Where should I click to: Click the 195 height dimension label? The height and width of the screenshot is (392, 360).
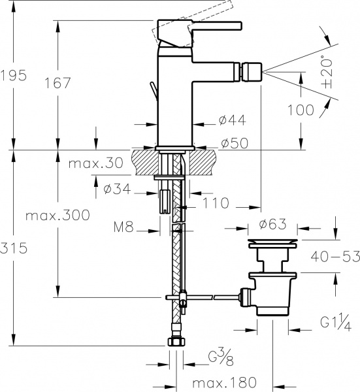click(14, 75)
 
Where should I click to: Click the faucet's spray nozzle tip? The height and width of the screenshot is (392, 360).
click(255, 68)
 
